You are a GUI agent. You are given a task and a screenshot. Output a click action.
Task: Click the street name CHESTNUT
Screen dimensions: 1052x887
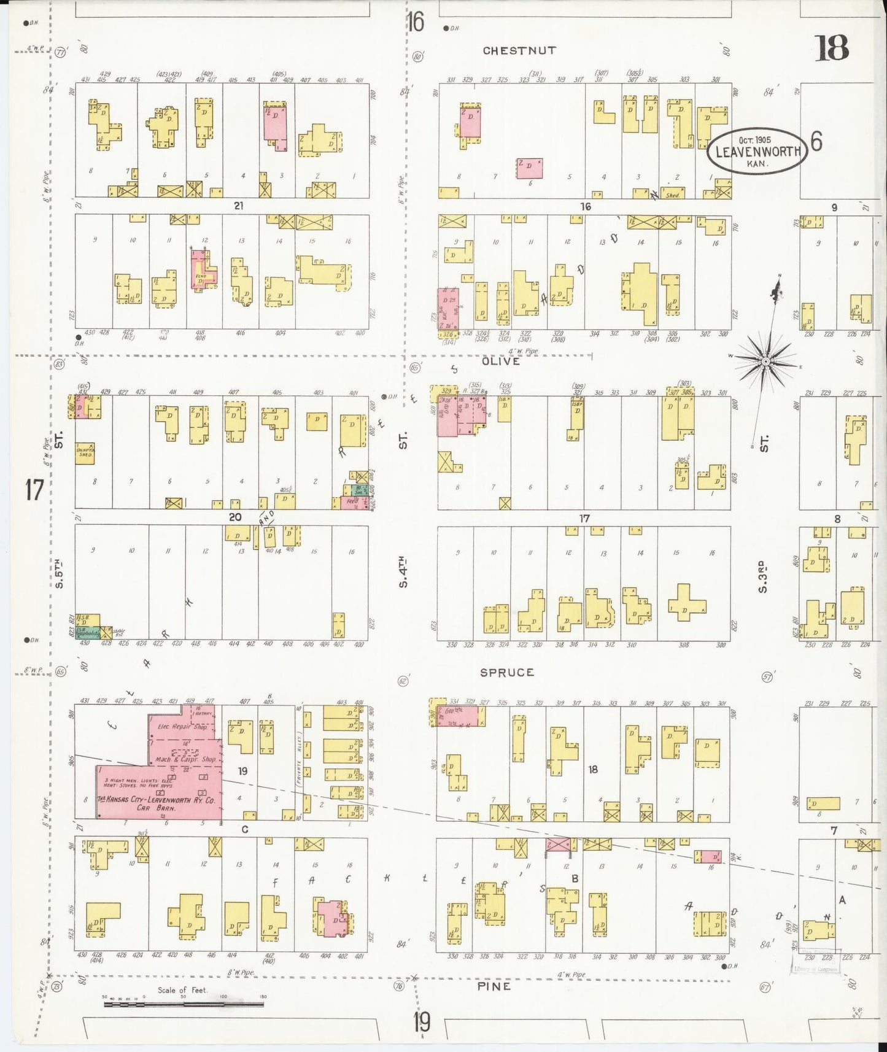click(x=519, y=50)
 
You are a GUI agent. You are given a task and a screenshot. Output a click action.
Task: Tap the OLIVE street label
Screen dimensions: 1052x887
click(x=501, y=362)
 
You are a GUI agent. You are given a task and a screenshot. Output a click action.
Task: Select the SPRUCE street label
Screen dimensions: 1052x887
click(x=507, y=672)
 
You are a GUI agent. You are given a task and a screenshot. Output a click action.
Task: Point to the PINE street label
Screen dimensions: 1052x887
click(x=494, y=986)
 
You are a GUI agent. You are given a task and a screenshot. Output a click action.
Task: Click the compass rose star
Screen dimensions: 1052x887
click(x=765, y=362)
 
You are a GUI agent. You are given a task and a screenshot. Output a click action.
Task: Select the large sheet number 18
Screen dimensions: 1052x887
click(x=832, y=48)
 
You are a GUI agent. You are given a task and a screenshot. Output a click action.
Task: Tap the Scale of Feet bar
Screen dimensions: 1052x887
click(x=184, y=1005)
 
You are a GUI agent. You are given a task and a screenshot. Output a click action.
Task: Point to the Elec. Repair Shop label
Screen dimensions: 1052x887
click(x=182, y=727)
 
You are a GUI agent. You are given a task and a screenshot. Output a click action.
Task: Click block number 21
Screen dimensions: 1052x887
click(x=238, y=206)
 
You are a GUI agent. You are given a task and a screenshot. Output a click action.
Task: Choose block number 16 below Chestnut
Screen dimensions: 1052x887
click(x=586, y=207)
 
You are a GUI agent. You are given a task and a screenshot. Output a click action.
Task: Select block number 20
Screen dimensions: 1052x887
click(x=234, y=517)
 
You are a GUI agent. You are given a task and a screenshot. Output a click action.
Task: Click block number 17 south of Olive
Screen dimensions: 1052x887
click(x=584, y=518)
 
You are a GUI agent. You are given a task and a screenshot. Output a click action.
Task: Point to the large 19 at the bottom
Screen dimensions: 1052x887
click(x=421, y=1023)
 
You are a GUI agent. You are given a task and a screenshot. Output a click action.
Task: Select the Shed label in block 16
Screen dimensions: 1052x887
click(x=673, y=195)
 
